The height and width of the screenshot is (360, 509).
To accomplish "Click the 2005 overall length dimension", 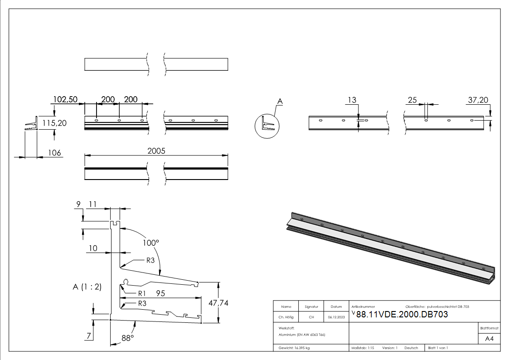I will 156,151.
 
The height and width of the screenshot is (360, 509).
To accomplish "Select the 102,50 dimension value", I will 65,99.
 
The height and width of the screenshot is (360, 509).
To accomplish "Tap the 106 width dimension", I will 54,153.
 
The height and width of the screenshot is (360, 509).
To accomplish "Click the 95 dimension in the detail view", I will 160,293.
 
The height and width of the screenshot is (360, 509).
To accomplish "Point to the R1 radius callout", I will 142,293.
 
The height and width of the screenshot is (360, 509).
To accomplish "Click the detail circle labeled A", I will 267,125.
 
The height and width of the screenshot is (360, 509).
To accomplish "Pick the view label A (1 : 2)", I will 87,287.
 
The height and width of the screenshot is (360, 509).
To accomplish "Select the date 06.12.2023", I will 336,317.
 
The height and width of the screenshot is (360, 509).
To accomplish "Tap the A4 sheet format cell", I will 489,339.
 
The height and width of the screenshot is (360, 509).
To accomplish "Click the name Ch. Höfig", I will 286,317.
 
